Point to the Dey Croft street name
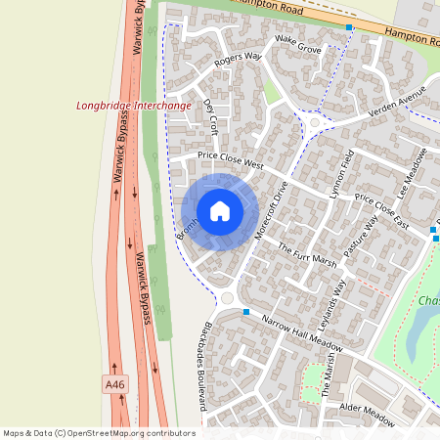[x=211, y=115]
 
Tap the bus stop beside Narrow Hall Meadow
[x=246, y=312]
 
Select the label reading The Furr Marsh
[x=307, y=254]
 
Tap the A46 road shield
[x=115, y=386]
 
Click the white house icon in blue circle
[x=220, y=211]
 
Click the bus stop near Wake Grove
[x=349, y=27]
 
